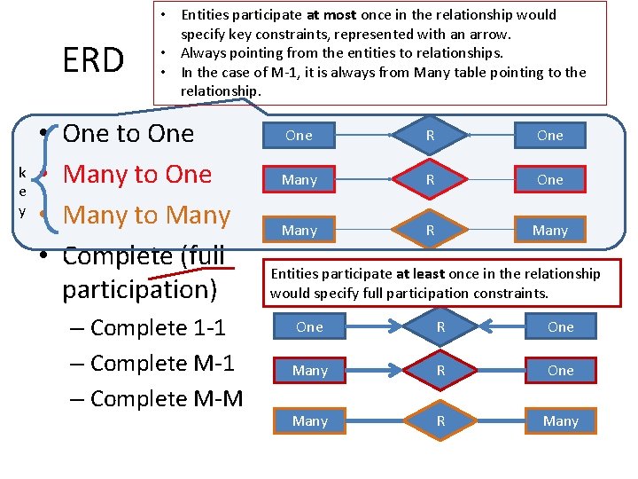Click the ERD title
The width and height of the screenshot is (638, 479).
tap(93, 60)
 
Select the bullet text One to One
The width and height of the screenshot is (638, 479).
tap(128, 134)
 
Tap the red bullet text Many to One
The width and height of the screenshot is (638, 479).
tap(137, 175)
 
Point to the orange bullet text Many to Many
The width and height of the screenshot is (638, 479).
tap(146, 216)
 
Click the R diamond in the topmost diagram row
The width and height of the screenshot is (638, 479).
tap(430, 136)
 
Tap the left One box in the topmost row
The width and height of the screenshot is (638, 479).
tap(300, 136)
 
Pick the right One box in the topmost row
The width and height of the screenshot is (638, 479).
tap(549, 136)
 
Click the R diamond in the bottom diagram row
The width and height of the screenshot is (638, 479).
tap(440, 421)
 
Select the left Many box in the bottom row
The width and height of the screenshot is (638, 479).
tap(310, 421)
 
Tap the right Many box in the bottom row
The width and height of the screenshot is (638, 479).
tap(560, 421)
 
